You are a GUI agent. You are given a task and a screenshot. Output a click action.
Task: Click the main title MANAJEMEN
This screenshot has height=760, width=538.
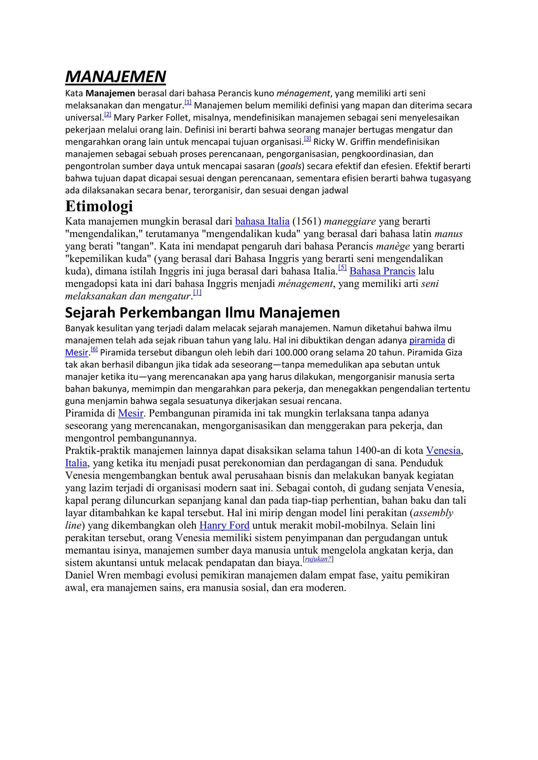point(115,77)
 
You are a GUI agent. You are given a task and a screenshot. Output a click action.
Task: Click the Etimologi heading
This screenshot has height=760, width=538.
point(99,206)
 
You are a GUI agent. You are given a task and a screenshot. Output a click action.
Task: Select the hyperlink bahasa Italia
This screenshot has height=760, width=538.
point(262,221)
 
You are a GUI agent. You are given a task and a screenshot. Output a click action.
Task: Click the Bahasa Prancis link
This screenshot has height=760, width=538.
point(382,271)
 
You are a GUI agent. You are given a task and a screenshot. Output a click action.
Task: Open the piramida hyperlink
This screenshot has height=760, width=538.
point(427,340)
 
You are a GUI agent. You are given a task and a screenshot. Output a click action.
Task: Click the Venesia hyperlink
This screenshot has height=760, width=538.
point(443,451)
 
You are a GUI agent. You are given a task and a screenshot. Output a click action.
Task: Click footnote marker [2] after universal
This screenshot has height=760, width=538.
point(108,114)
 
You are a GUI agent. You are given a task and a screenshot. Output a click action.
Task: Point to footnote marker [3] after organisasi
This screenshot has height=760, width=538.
point(307,139)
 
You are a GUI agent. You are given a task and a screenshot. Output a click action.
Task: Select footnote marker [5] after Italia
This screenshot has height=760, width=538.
point(342,267)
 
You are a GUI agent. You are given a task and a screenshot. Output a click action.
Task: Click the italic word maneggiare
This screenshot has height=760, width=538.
point(350,221)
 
